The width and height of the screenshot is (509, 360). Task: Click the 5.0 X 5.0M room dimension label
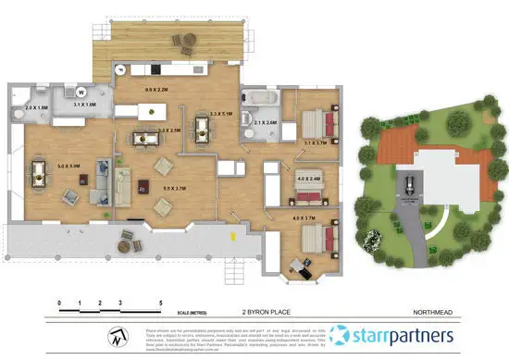pyautogui.click(x=68, y=166)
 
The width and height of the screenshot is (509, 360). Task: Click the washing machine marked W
pyautogui.click(x=82, y=92)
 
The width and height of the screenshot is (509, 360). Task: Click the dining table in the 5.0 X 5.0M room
pyautogui.click(x=40, y=173)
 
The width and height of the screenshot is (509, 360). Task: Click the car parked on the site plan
pyautogui.click(x=408, y=181)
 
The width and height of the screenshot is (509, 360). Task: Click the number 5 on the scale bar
pyautogui.click(x=162, y=303)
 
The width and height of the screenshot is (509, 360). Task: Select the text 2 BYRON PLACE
pyautogui.click(x=260, y=313)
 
